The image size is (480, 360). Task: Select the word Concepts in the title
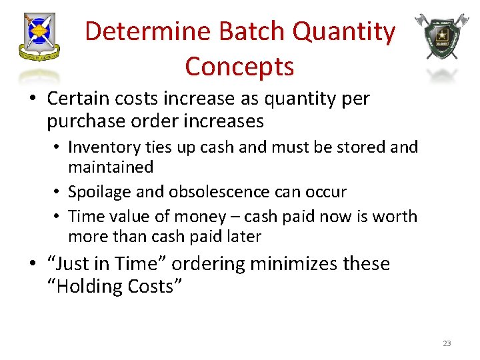(239, 66)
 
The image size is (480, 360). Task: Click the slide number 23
(446, 343)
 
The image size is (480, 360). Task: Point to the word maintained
(111, 167)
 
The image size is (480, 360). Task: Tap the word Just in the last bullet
(69, 263)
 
